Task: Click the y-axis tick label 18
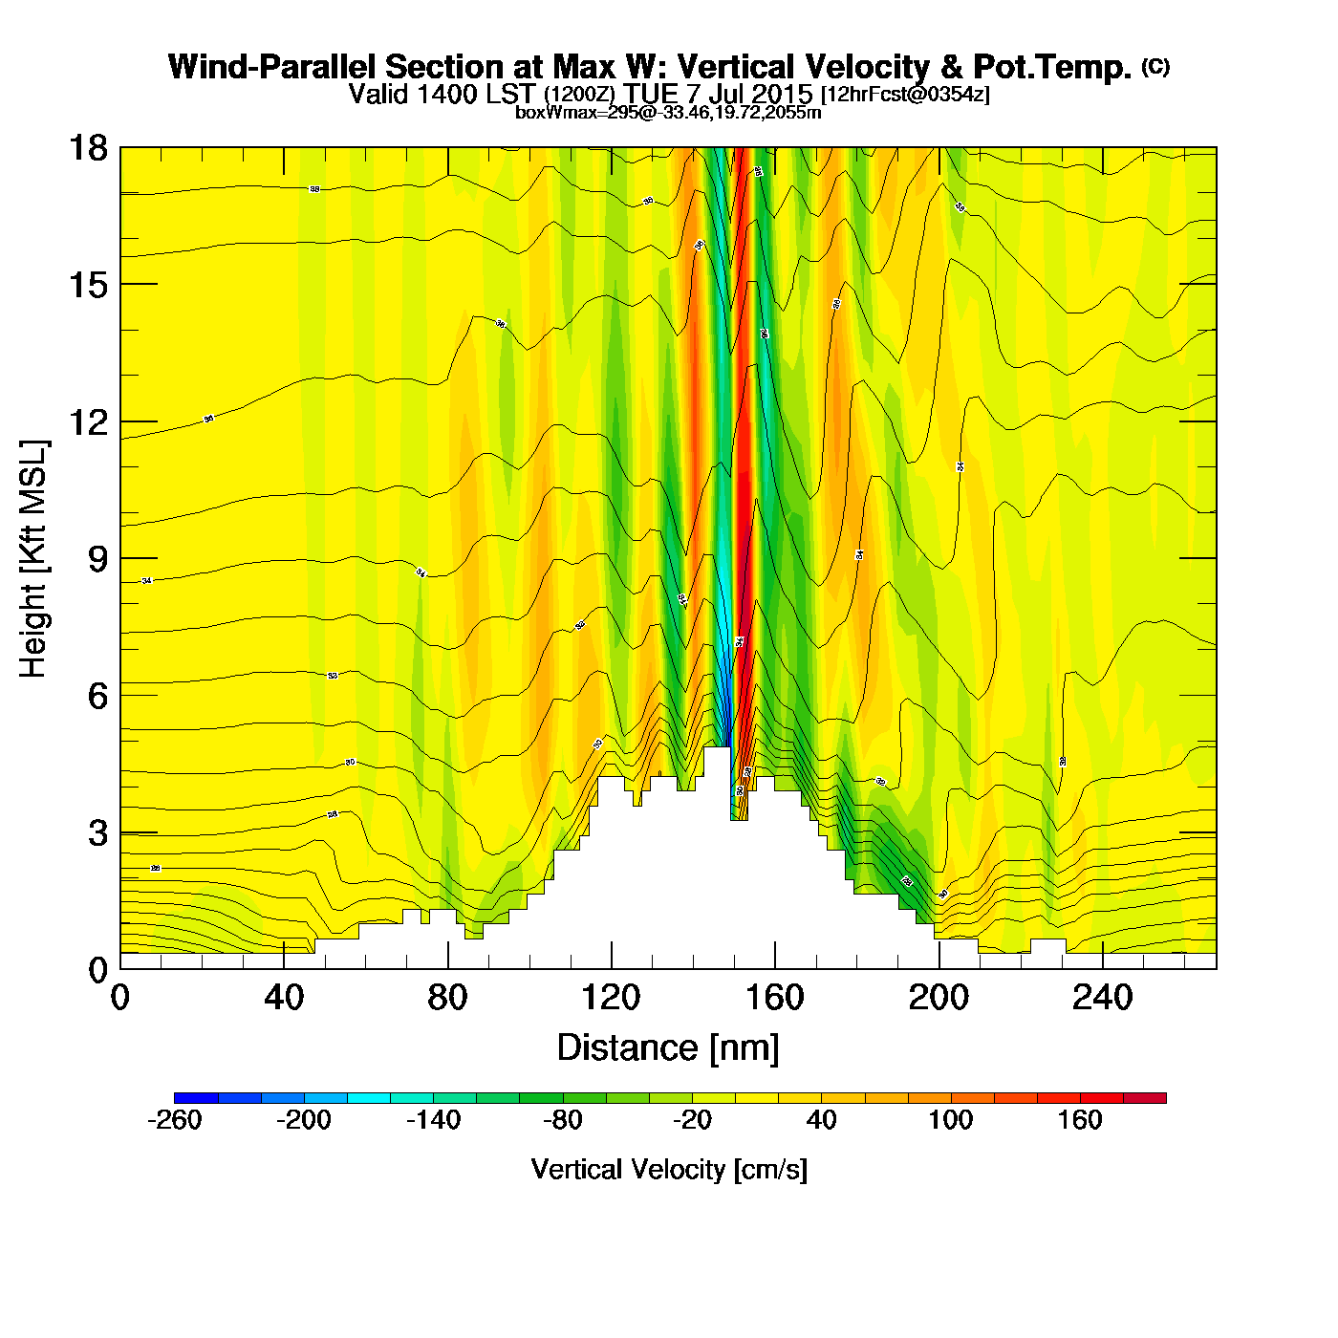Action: pos(88,148)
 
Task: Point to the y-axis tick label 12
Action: pos(88,421)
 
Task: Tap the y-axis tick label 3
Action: pos(98,832)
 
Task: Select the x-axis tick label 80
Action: pos(447,999)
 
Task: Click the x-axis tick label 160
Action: pos(775,999)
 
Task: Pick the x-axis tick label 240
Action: pos(1103,999)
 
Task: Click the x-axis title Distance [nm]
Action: pos(668,1047)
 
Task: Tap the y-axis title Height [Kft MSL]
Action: pos(33,559)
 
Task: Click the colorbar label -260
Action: pos(175,1120)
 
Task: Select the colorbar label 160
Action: pos(1080,1120)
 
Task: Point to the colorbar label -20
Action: pos(692,1120)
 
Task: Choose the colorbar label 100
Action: pos(951,1120)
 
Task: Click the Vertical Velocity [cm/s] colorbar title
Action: pos(669,1169)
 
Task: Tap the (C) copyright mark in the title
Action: pos(1155,66)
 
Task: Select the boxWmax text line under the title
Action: pos(668,112)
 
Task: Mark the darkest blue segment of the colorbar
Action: pos(196,1097)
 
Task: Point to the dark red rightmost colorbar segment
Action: pos(1145,1097)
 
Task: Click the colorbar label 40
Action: pos(822,1120)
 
